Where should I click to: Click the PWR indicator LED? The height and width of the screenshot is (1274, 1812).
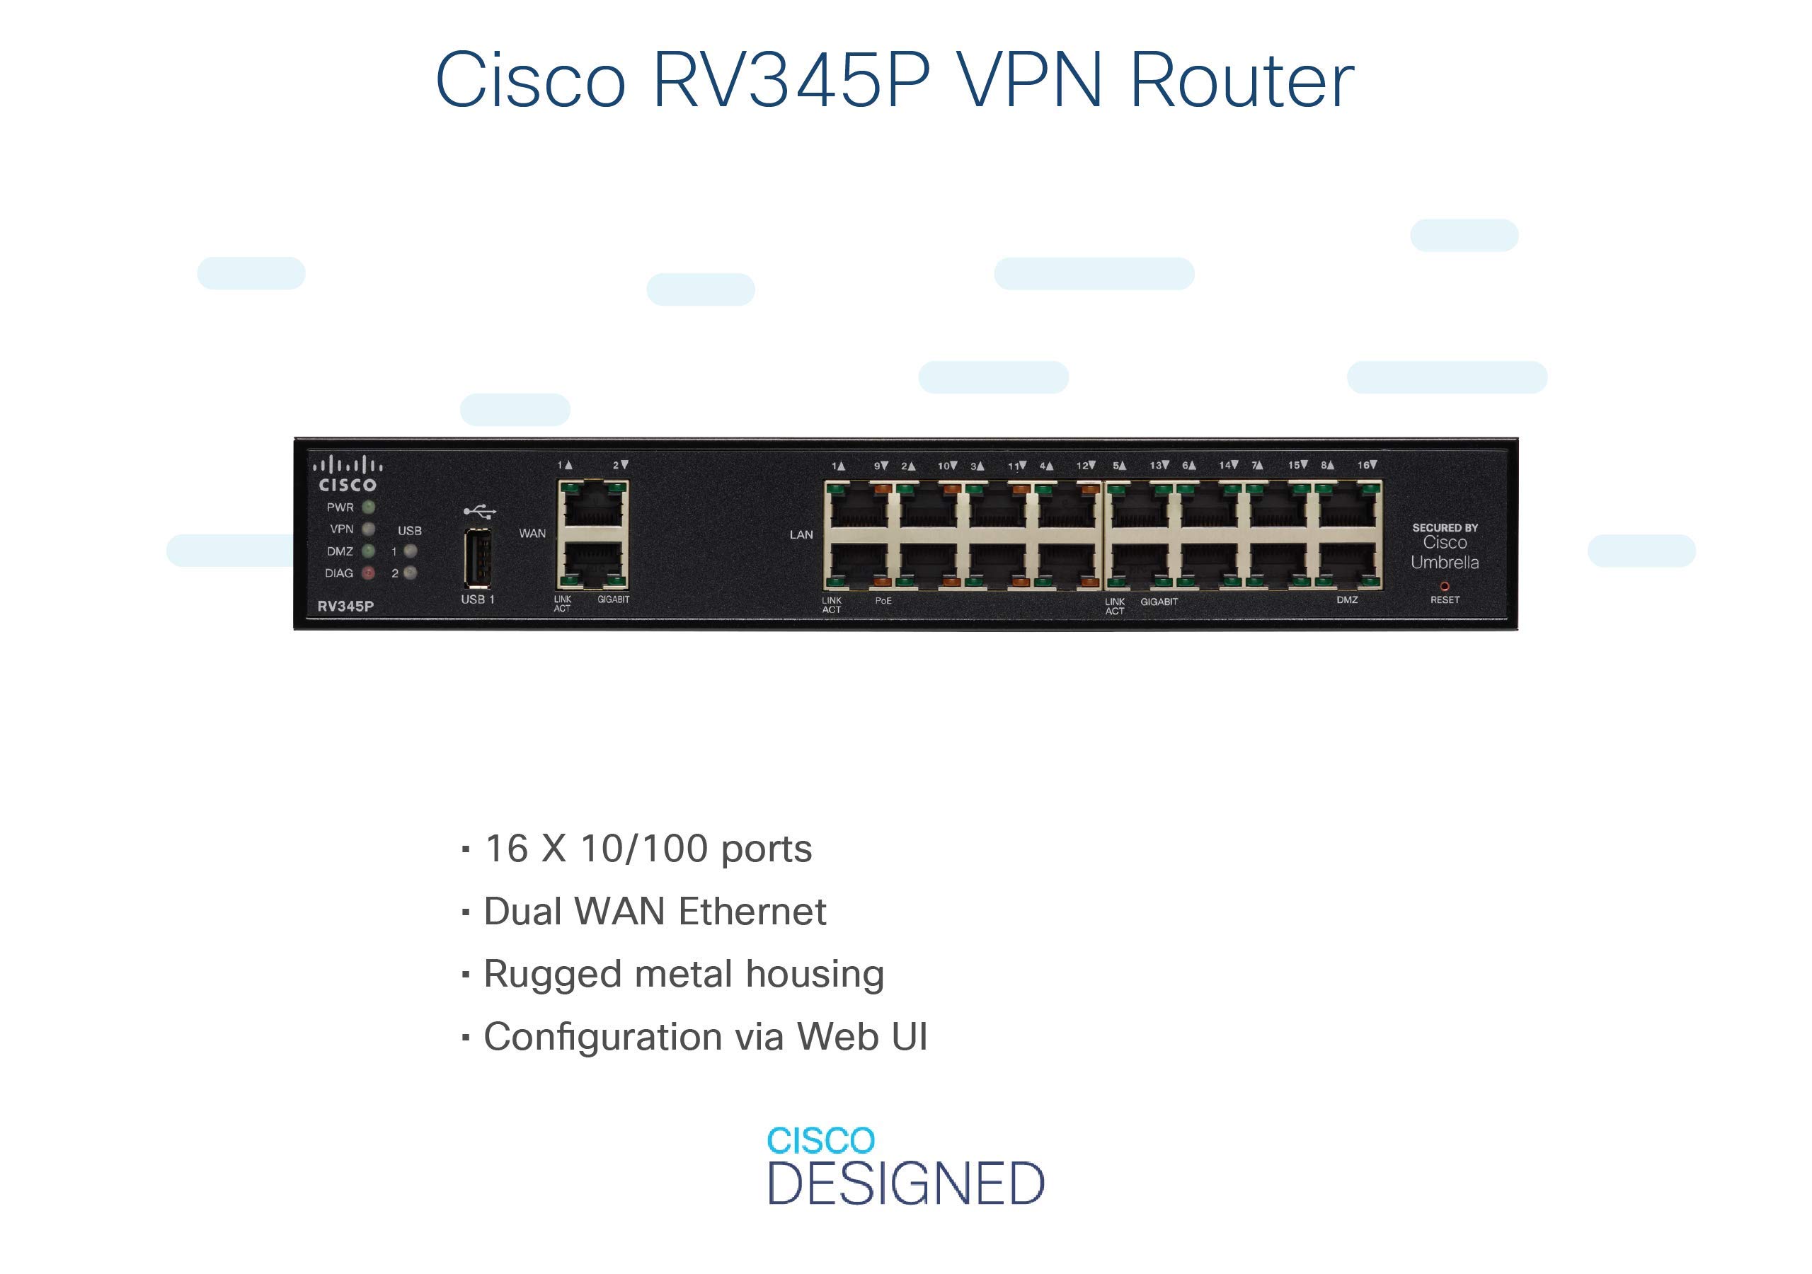coord(368,507)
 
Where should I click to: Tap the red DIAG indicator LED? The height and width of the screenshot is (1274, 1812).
coord(368,573)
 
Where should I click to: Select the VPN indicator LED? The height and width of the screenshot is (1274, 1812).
coord(368,529)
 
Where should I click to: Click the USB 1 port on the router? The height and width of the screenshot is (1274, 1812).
coord(478,558)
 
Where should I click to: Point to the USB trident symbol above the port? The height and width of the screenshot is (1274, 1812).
coord(480,512)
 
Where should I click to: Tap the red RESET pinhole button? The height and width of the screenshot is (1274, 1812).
coord(1444,587)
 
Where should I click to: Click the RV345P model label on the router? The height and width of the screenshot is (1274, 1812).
coord(345,607)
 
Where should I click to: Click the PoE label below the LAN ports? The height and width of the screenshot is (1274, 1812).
coord(883,601)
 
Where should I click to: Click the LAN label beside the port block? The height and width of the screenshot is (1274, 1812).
coord(801,534)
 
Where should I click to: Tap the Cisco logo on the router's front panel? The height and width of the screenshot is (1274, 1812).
coord(348,474)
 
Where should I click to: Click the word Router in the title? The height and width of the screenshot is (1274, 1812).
coord(1242,80)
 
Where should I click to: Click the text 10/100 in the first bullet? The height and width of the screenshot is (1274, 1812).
coord(644,849)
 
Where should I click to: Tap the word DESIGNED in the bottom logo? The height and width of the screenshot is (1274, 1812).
coord(906,1183)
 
